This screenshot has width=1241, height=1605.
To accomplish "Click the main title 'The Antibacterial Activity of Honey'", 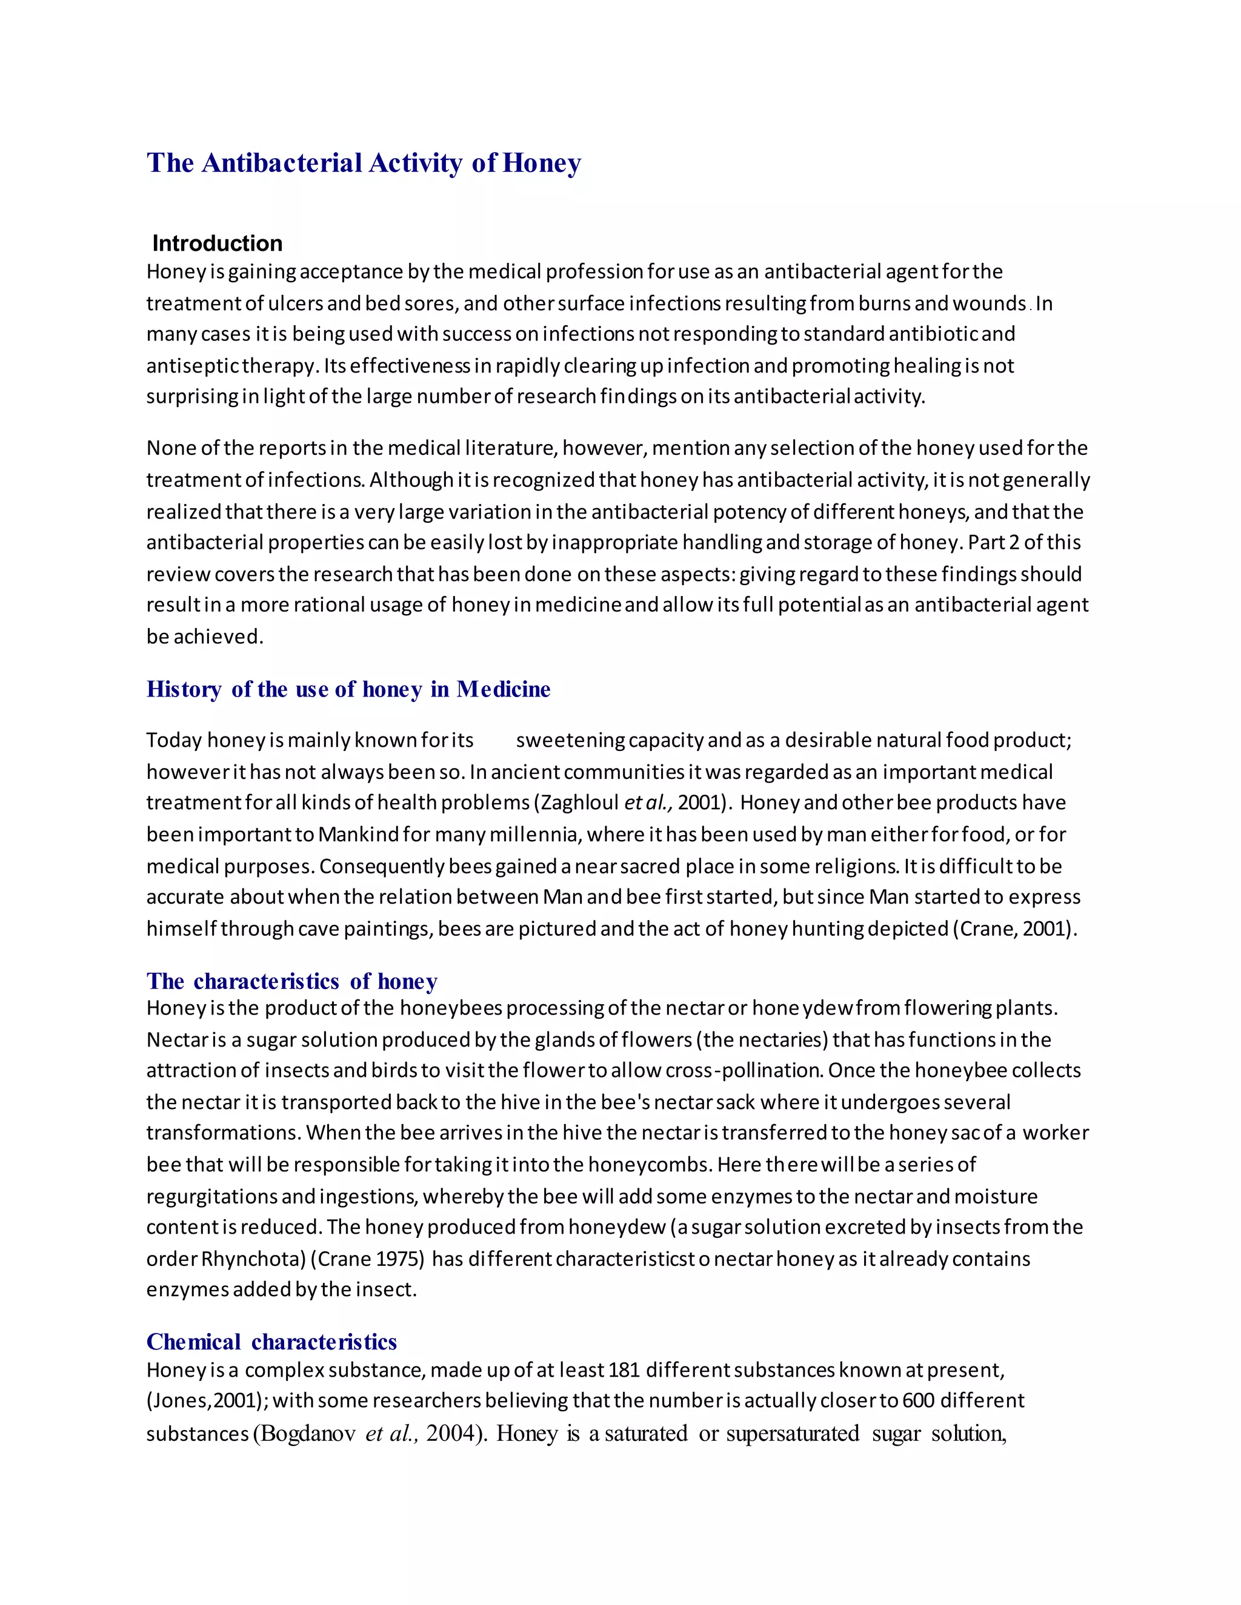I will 364,162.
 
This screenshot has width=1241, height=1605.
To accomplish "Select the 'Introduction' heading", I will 217,243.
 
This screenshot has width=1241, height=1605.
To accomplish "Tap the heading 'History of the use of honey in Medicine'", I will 348,689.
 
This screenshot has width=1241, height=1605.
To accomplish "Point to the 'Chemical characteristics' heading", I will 271,1342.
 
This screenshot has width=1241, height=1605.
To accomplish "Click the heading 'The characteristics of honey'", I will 292,982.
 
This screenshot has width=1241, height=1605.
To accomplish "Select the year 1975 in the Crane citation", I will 400,1259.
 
